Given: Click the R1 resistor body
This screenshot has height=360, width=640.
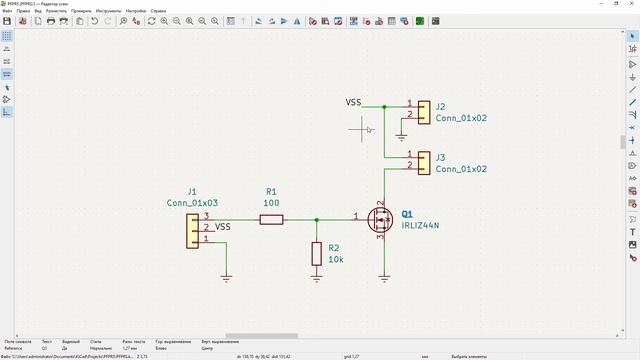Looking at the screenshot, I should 271,218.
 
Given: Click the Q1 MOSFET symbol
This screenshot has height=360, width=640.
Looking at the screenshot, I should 381,218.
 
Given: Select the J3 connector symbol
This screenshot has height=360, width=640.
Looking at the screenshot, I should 424,162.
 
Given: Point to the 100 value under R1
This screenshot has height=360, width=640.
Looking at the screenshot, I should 271,203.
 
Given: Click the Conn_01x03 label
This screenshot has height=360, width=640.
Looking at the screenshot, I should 192,203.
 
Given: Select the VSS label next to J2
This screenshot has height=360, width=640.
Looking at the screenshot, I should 354,103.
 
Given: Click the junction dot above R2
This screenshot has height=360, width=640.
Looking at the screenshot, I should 317,218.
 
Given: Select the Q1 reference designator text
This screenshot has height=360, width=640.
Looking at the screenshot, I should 407,214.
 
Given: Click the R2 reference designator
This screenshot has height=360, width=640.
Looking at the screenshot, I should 334,247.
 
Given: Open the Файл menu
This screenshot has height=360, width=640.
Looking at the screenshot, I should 7,11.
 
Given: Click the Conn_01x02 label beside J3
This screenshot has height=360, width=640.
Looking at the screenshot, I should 461,170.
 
